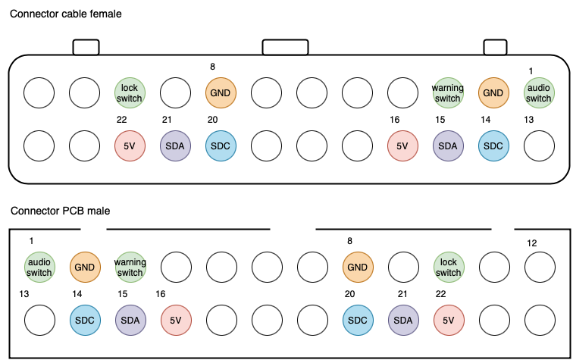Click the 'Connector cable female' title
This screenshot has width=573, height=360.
65,14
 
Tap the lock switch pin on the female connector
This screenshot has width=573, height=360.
130,93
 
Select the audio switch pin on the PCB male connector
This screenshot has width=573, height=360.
39,267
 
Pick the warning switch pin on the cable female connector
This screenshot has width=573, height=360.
448,93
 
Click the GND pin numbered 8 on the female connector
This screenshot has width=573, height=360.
221,93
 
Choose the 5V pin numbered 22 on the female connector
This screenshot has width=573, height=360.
130,146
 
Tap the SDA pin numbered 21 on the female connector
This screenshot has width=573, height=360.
175,146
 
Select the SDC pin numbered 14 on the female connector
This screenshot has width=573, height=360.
493,146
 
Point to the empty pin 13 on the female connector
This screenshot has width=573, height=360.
539,146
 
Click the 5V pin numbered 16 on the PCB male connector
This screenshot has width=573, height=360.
175,320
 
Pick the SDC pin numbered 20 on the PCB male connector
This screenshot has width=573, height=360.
357,320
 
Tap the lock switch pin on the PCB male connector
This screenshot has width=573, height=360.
448,267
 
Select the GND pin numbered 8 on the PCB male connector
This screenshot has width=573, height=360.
357,267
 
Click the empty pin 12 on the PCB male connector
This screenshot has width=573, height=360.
539,267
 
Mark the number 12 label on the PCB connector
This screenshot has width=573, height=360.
532,243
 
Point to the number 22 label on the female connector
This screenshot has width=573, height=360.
121,120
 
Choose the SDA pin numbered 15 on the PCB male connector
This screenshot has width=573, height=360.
130,320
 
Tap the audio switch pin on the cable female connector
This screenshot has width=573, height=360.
539,93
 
